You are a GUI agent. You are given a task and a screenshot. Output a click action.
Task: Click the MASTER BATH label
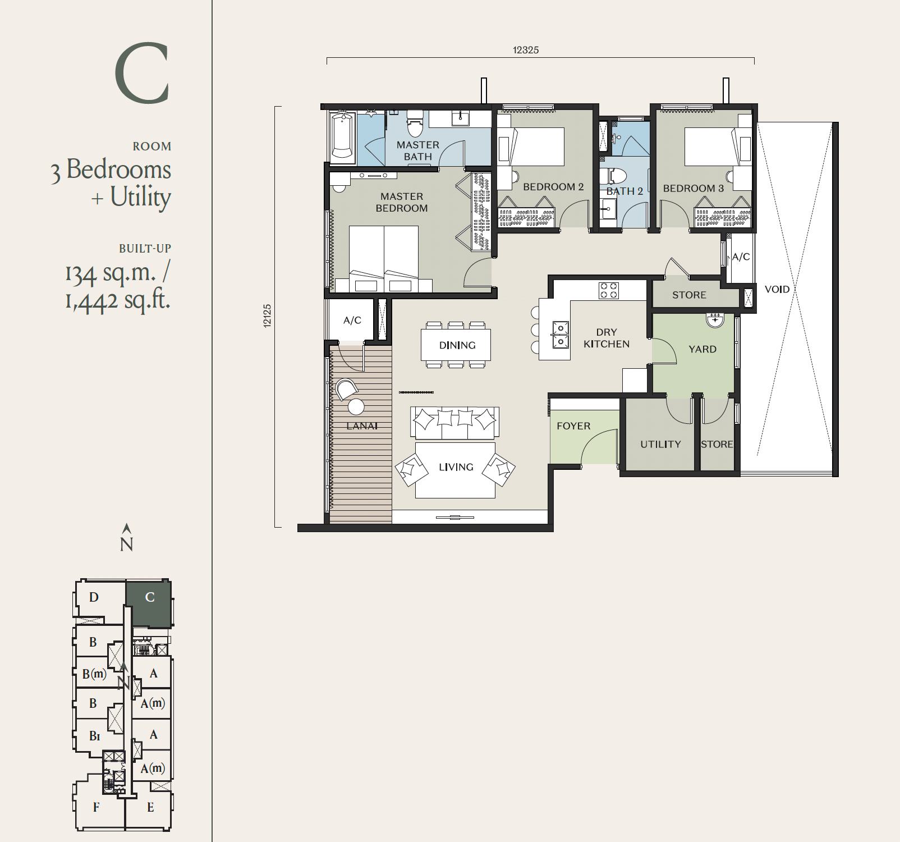pos(418,150)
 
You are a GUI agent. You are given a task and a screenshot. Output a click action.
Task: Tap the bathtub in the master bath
pos(342,135)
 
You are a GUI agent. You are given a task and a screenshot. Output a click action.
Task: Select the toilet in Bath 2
pos(613,176)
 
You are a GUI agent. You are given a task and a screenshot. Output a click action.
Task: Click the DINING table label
pos(457,345)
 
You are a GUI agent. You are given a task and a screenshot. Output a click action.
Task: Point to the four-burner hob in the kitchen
pos(609,290)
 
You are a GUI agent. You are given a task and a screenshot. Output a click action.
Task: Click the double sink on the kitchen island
pos(561,335)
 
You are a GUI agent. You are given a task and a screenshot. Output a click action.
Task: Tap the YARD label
pos(702,349)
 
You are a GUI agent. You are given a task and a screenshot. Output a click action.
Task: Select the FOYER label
pos(573,426)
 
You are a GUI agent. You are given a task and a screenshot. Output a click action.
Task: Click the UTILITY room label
pos(660,444)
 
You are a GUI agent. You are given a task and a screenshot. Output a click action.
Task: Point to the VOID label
pos(777,289)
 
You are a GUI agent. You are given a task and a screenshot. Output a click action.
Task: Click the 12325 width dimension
pos(526,50)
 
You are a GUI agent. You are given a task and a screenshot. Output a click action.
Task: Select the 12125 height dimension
pos(267,316)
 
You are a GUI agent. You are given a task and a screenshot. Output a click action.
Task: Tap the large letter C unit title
pos(142,73)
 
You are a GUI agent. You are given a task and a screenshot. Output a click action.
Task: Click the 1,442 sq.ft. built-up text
pos(117,300)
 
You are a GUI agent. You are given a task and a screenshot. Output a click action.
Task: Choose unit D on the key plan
pos(94,597)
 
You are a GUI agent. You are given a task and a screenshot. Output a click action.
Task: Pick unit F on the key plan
pos(96,807)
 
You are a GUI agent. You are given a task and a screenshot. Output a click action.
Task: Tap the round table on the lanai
pos(356,406)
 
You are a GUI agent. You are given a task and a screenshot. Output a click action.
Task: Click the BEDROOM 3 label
pos(694,189)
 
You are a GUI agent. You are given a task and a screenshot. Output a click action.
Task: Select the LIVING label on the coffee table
pos(456,467)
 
